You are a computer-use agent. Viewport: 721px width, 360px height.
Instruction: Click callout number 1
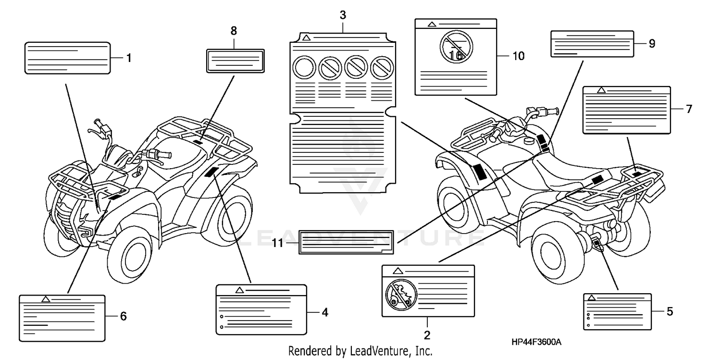coord(129,58)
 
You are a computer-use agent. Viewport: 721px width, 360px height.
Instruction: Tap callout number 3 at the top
coord(343,15)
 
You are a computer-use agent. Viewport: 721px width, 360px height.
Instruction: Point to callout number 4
coord(325,312)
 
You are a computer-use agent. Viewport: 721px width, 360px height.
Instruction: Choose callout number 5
coord(670,311)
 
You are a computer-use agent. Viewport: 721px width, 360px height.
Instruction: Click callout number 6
coord(123,316)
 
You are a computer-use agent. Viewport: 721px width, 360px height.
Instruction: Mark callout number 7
coord(689,109)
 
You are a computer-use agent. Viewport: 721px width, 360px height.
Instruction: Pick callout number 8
coord(234,31)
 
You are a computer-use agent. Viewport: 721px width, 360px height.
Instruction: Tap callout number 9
coord(652,43)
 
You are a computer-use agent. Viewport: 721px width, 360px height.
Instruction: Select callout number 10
coord(518,56)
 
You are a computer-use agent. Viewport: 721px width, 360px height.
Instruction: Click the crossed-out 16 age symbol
coord(456,48)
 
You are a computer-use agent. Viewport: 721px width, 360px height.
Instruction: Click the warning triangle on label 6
coord(46,299)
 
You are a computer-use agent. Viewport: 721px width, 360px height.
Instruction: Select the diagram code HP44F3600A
coord(536,342)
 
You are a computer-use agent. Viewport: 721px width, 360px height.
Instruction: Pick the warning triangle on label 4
coord(239,290)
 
